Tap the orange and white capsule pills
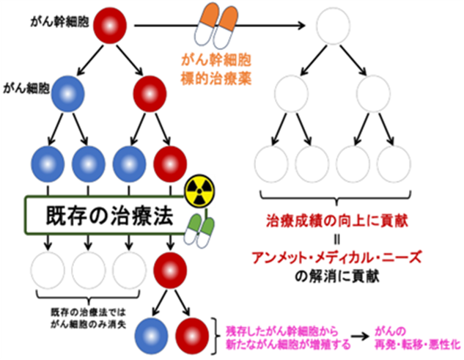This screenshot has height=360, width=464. coord(217,26)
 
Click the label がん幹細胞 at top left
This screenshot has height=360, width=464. coord(59,22)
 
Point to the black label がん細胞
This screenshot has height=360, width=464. coord(26,88)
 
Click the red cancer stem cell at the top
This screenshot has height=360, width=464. coord(110,26)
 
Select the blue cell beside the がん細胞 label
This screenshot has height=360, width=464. coord(68,94)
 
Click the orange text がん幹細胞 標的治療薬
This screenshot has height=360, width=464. coord(216,70)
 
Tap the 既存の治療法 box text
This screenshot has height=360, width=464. coord(109,216)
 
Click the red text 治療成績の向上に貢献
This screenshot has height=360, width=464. coord(337,221)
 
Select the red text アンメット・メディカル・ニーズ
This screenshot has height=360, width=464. coord(336,257)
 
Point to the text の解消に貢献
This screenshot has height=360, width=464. coord(336,276)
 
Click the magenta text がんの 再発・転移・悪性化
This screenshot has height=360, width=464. coord(418,338)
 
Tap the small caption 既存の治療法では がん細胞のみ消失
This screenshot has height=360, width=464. coord(89,318)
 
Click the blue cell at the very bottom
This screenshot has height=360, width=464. coord(152,336)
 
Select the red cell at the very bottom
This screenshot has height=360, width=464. coord(192,336)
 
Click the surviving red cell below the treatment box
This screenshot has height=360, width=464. coord(170,271)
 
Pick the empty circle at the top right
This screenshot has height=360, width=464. coord(334,26)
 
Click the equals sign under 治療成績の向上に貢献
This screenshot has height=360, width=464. coord(336,240)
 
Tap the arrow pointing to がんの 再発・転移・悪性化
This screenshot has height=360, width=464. coord(360,337)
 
